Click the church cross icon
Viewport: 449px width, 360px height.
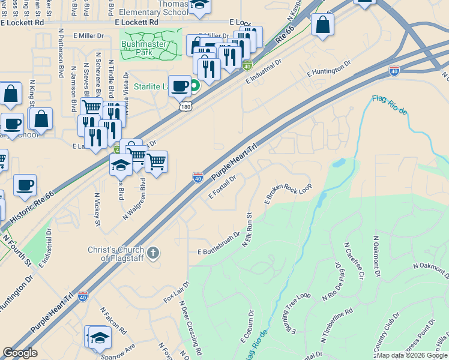tap(153, 253)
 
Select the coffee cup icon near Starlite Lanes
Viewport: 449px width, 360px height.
tap(179, 86)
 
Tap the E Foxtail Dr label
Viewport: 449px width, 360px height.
tap(225, 187)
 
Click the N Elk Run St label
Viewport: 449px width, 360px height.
tap(247, 229)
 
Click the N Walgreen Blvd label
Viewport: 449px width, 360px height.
tap(135, 199)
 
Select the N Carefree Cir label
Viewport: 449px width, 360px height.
tap(354, 262)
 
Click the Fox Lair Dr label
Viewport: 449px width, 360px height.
tap(176, 292)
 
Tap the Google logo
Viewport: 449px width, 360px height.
tap(21, 352)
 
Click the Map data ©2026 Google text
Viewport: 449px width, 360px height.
tap(411, 355)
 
